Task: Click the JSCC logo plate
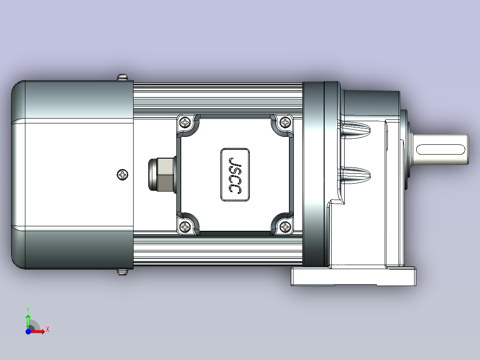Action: [235, 175]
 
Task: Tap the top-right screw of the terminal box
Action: [285, 122]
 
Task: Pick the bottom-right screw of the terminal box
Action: [285, 228]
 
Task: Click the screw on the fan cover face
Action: [122, 175]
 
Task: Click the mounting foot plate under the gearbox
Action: [354, 277]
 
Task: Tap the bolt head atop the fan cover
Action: [122, 78]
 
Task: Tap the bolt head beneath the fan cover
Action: [122, 271]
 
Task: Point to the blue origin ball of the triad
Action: [28, 331]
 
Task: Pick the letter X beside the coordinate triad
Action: [47, 330]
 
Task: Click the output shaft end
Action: [468, 149]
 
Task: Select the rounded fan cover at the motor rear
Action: [71, 175]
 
